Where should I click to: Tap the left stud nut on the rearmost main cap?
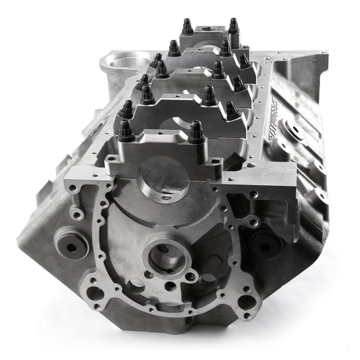pyautogui.click(x=186, y=26)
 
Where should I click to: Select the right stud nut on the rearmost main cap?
pyautogui.click(x=233, y=25)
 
